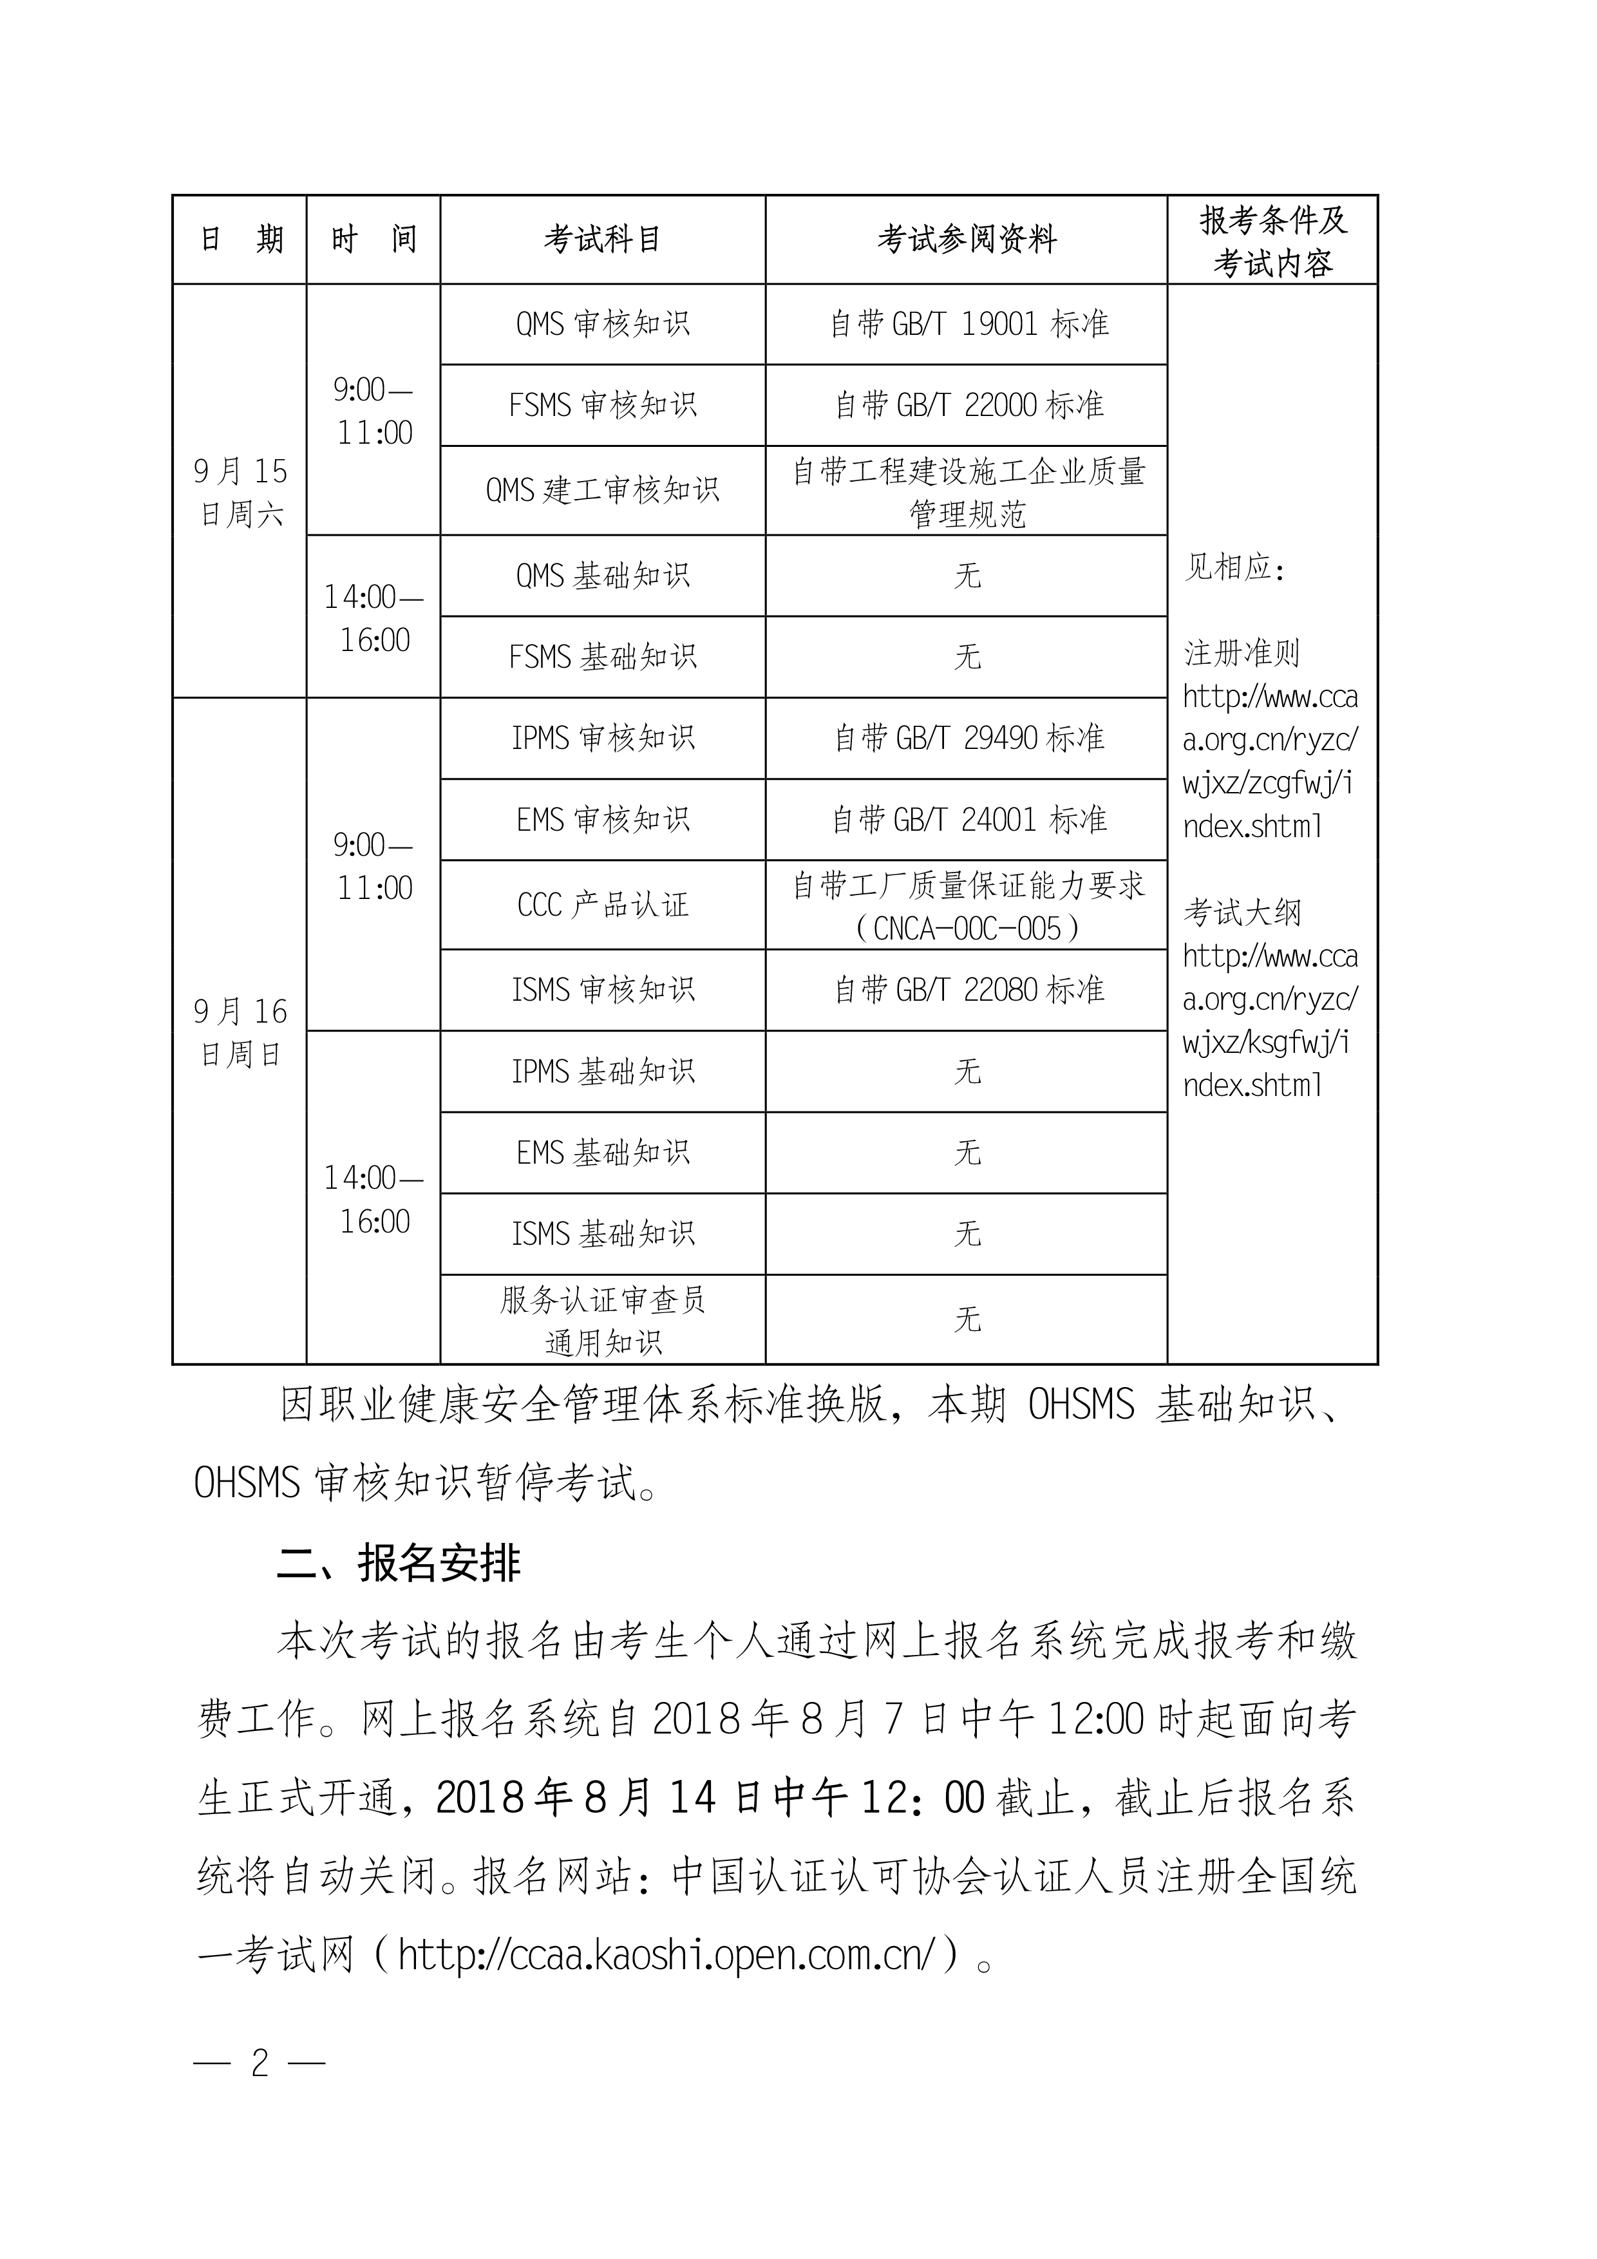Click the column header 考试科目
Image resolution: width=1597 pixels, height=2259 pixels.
(x=602, y=239)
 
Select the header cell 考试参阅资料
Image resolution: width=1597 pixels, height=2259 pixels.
(x=967, y=239)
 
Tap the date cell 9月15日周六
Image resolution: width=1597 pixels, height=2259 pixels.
(x=240, y=492)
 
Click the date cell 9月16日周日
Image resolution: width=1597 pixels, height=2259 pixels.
(x=240, y=1032)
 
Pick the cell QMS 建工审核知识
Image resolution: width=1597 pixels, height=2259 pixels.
(x=602, y=490)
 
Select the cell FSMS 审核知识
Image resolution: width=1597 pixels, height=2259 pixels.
(x=602, y=405)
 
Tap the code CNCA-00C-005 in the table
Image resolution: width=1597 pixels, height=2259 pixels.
(x=967, y=929)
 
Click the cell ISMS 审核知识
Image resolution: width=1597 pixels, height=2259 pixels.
(x=602, y=990)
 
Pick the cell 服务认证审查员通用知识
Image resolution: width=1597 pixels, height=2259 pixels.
(x=602, y=1320)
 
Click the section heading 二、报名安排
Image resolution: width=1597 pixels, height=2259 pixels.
(x=399, y=1564)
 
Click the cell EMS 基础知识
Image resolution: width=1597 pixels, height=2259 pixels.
(x=602, y=1153)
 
